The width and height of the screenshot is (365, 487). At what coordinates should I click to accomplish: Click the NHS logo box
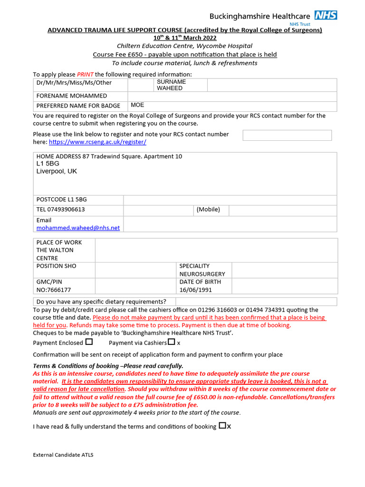click(x=326, y=15)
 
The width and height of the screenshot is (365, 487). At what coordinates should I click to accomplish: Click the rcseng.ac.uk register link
click(x=97, y=142)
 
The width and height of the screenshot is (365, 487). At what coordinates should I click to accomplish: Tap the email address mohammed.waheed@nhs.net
click(x=78, y=228)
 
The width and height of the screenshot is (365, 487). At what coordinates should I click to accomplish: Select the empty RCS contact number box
click(x=287, y=135)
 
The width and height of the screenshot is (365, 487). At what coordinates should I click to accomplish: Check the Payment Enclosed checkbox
click(x=89, y=342)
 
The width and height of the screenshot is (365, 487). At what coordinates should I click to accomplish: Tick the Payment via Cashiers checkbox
click(x=172, y=342)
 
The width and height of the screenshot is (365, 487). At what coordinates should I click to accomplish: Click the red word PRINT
click(x=85, y=74)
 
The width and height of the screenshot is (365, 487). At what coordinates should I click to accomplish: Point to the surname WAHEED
click(x=170, y=88)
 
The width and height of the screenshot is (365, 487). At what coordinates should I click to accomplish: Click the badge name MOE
click(x=137, y=105)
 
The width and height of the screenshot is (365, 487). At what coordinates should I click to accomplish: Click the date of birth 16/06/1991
click(x=196, y=290)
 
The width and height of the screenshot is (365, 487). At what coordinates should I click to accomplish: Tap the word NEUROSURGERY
click(x=202, y=274)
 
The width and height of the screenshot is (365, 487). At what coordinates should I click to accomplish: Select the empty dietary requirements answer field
click(x=256, y=302)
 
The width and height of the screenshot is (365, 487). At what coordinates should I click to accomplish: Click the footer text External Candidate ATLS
click(x=63, y=455)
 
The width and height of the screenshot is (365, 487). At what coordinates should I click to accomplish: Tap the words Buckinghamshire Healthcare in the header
click(x=260, y=16)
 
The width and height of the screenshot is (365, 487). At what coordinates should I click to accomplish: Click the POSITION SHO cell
click(x=57, y=266)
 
